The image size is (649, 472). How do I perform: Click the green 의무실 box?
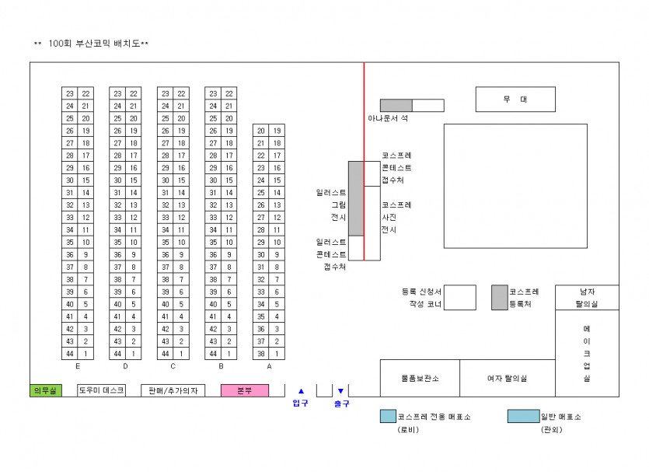46,390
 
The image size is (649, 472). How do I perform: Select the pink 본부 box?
245,390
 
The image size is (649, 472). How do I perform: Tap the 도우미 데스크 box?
101,390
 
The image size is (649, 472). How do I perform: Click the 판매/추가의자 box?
173,390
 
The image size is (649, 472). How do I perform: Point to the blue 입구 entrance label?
301,403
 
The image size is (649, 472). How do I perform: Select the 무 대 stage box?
515,100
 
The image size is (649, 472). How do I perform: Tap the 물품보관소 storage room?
420,378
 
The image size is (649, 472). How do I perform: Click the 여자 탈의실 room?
507,378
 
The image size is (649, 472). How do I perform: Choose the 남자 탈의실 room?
587,297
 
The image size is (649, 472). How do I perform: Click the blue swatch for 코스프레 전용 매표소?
388,416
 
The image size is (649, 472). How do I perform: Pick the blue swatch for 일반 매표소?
523,416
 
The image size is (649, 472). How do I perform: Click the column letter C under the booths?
173,365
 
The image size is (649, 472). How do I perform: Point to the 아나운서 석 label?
388,118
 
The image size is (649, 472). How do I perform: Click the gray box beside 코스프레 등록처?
499,297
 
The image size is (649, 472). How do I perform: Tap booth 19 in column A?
277,131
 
